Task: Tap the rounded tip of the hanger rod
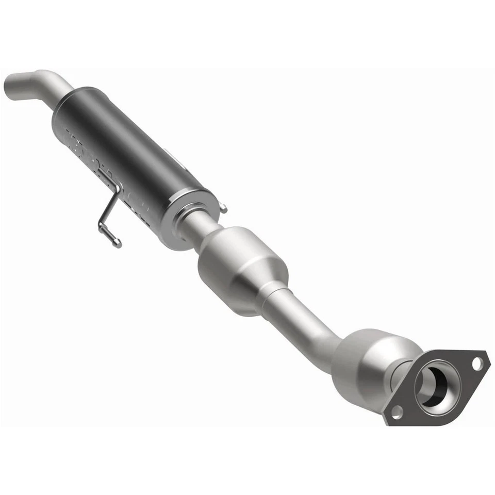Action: [118, 242]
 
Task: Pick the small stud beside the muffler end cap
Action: [223, 209]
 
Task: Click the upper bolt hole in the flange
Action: [477, 363]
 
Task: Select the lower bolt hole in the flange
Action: [397, 411]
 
